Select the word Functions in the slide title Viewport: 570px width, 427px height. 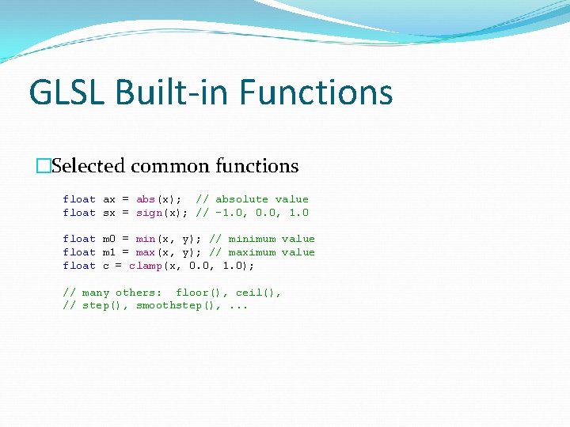[x=316, y=92]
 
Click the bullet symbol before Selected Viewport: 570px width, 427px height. [x=44, y=166]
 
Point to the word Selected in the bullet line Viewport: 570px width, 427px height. [x=89, y=166]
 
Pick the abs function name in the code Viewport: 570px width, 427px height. [x=146, y=199]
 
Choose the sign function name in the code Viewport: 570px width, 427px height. [x=149, y=213]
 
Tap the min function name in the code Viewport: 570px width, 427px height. [x=146, y=239]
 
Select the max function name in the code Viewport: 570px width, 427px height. [x=146, y=252]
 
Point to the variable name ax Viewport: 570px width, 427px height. [x=109, y=199]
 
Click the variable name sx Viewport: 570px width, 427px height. [x=109, y=213]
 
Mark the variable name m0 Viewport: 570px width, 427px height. [x=109, y=239]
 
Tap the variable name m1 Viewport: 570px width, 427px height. [x=109, y=252]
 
